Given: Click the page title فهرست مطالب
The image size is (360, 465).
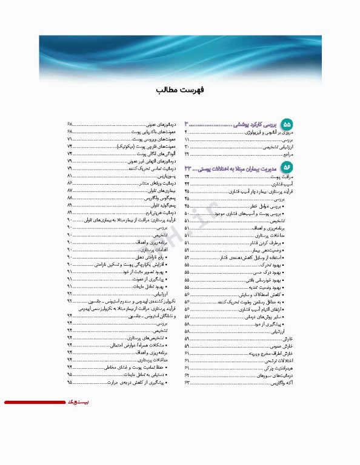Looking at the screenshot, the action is point(179,90).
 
